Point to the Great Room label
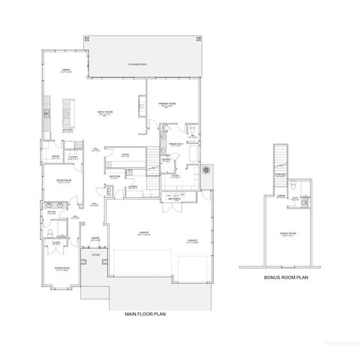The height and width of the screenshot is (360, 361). coord(106,113)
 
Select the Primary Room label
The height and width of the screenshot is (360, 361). coord(166,105)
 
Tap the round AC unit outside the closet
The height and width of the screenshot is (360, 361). coord(206,172)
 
